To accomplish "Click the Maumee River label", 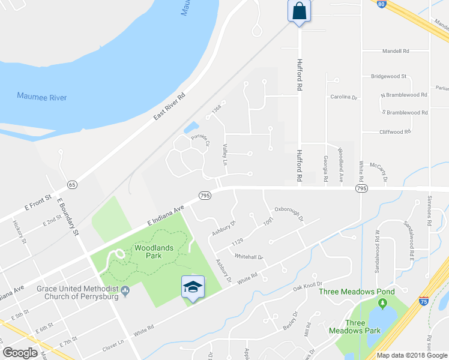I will click(42, 97).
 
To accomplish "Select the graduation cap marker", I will click(193, 287).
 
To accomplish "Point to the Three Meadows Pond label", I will click(365, 292).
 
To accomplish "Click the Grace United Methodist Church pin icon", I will click(125, 292).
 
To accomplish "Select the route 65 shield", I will click(72, 184).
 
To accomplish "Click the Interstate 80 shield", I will click(382, 4).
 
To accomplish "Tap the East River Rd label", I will click(169, 106).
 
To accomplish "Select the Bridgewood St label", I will click(388, 76).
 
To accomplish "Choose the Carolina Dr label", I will click(343, 97).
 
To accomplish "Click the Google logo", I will click(20, 353).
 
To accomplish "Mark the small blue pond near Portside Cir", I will click(191, 128).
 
